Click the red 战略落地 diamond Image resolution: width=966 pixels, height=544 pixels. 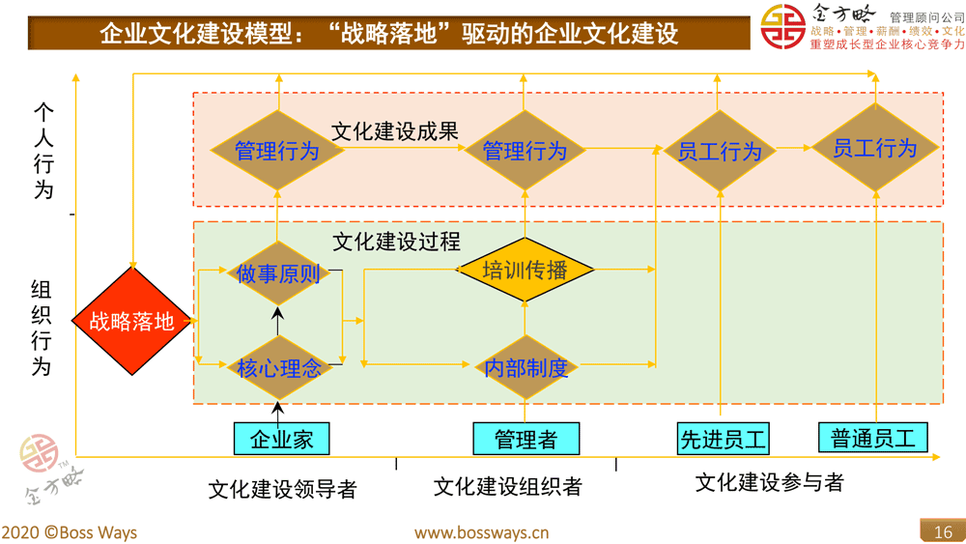pyautogui.click(x=132, y=321)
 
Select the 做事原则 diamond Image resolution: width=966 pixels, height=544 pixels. pyautogui.click(x=278, y=273)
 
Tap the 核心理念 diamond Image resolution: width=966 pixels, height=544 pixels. pyautogui.click(x=278, y=367)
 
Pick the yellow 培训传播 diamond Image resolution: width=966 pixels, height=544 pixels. pyautogui.click(x=525, y=271)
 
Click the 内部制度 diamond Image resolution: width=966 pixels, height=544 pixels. pyautogui.click(x=525, y=368)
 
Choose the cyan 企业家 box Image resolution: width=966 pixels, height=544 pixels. pyautogui.click(x=281, y=440)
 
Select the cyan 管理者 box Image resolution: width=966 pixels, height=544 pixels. pyautogui.click(x=526, y=440)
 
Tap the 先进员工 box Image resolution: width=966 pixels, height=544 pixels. pyautogui.click(x=724, y=440)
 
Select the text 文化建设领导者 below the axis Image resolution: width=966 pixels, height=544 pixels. pyautogui.click(x=282, y=490)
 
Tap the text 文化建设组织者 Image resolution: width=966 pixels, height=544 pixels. pyautogui.click(x=507, y=486)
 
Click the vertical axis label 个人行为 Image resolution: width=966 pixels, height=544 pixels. pyautogui.click(x=43, y=150)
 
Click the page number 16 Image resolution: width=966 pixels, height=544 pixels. pyautogui.click(x=942, y=531)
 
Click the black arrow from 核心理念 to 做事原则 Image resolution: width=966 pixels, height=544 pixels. pyautogui.click(x=278, y=321)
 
